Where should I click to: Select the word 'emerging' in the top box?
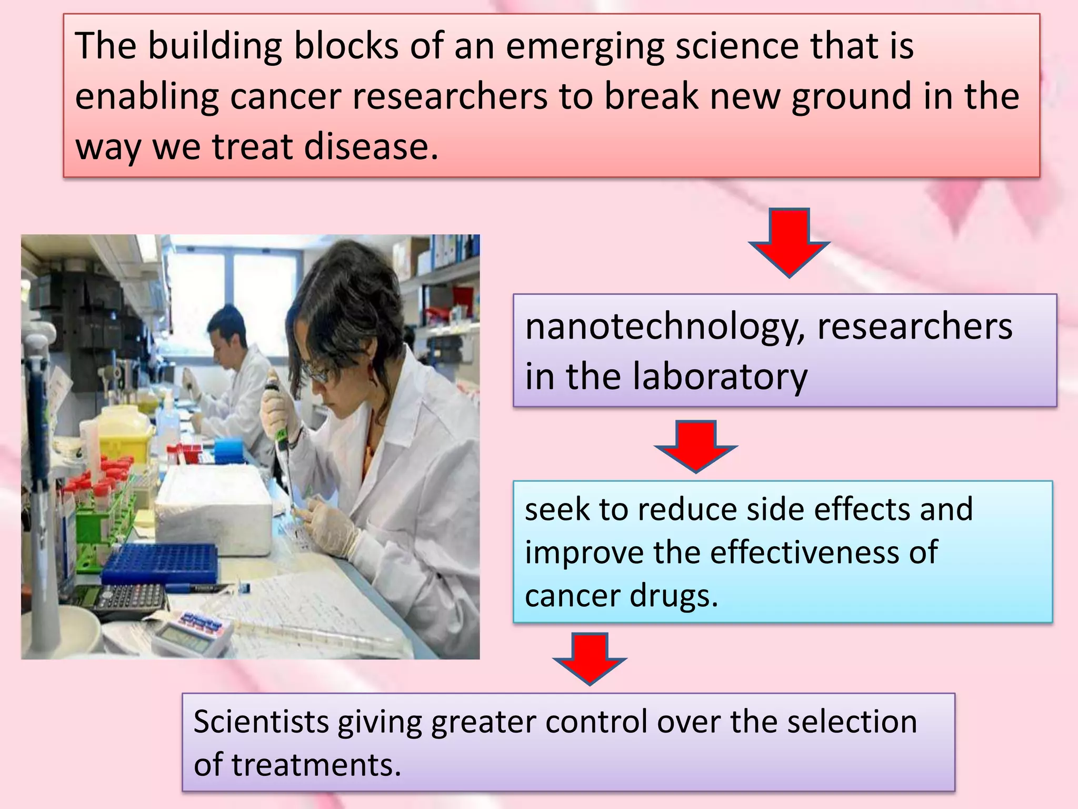[585, 46]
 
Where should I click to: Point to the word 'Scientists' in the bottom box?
[261, 722]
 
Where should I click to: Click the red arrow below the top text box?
[788, 242]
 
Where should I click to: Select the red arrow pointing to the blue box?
[695, 446]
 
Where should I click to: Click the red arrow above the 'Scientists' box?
[590, 658]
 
